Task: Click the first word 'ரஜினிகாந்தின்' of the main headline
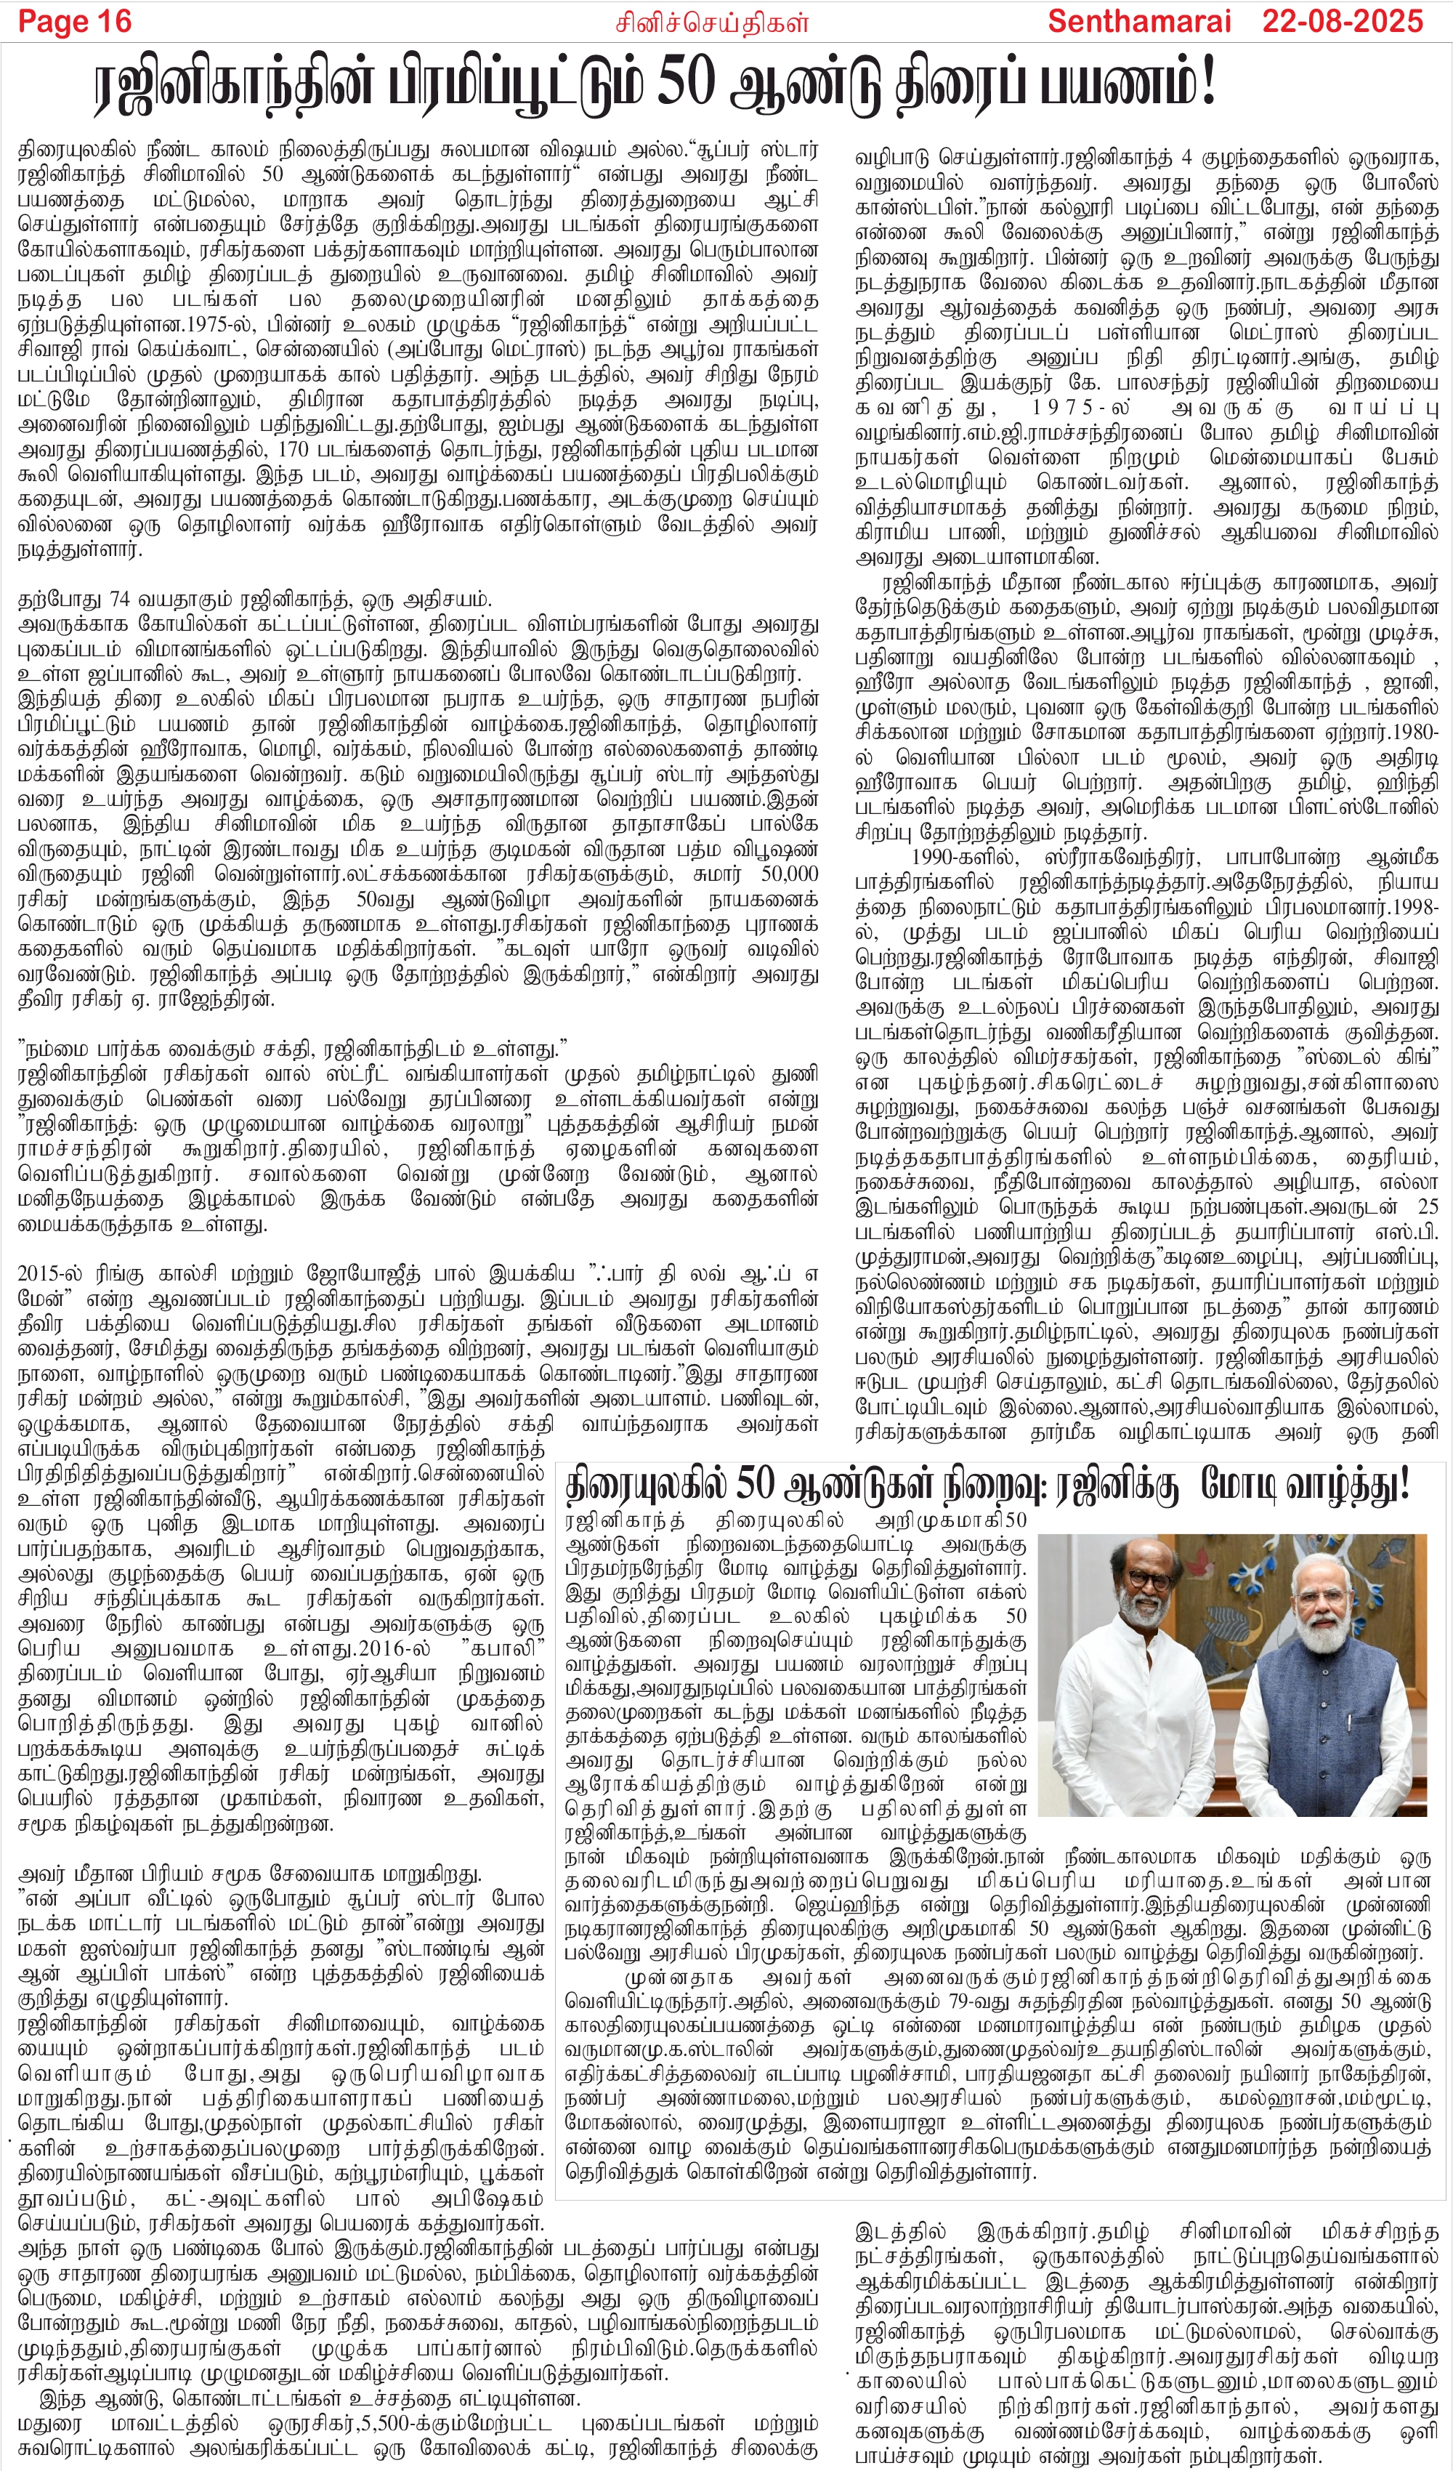(x=232, y=84)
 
